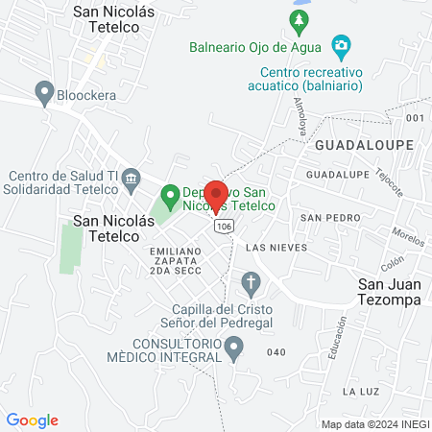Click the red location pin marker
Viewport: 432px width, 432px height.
tap(216, 195)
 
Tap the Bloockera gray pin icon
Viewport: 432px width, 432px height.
tap(43, 92)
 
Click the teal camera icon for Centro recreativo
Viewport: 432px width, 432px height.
tap(339, 44)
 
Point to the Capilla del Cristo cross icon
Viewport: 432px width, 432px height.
tap(251, 282)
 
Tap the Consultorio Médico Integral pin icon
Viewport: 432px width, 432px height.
tap(232, 352)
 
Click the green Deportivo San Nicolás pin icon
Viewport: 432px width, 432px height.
tap(171, 198)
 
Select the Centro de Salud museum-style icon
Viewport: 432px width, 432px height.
tap(132, 175)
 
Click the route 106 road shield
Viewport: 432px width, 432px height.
tap(224, 226)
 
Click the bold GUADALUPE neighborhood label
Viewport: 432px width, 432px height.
tap(363, 144)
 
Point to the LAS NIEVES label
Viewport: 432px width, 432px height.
tap(276, 247)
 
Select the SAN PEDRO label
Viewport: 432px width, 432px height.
tap(322, 218)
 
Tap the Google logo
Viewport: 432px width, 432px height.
tap(33, 420)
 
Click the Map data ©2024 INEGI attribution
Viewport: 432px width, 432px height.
tap(372, 424)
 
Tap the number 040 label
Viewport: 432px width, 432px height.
tap(276, 352)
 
